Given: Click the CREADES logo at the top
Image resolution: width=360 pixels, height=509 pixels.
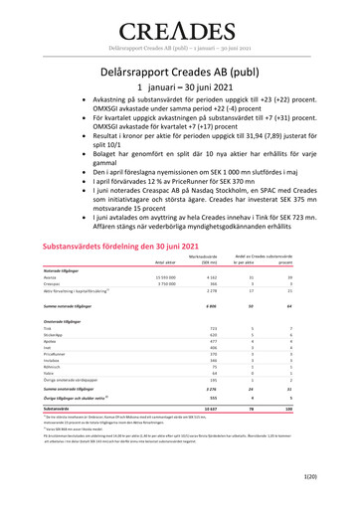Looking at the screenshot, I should pyautogui.click(x=179, y=27).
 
